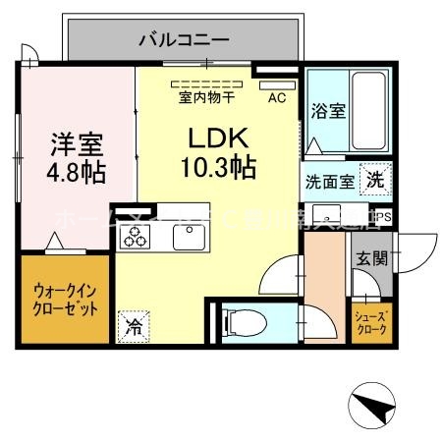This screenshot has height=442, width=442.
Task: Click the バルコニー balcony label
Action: tap(183, 40)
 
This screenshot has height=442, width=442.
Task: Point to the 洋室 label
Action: tap(76, 142)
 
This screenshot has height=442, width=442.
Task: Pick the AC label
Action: tap(276, 96)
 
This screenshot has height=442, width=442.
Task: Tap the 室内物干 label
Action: tap(206, 97)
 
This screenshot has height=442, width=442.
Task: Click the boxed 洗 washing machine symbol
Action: tap(375, 180)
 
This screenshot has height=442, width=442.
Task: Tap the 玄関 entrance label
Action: tap(372, 259)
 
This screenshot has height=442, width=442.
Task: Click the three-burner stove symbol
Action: tap(134, 237)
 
